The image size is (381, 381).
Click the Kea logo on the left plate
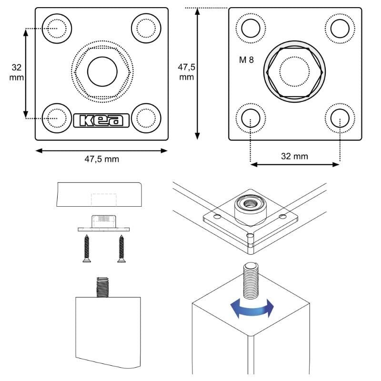(102, 120)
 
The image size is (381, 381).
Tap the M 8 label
(246, 60)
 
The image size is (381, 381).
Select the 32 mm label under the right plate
(294, 156)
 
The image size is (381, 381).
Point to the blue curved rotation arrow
(252, 309)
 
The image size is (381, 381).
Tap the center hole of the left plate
(102, 71)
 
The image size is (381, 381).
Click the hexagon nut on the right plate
(295, 72)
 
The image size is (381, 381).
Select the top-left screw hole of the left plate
(57, 26)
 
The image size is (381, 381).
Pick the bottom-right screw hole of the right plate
(340, 117)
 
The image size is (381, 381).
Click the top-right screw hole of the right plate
(340, 28)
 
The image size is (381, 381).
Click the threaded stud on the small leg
(102, 287)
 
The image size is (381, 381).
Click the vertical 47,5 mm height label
(186, 71)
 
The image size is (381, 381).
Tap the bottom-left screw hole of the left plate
(57, 117)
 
